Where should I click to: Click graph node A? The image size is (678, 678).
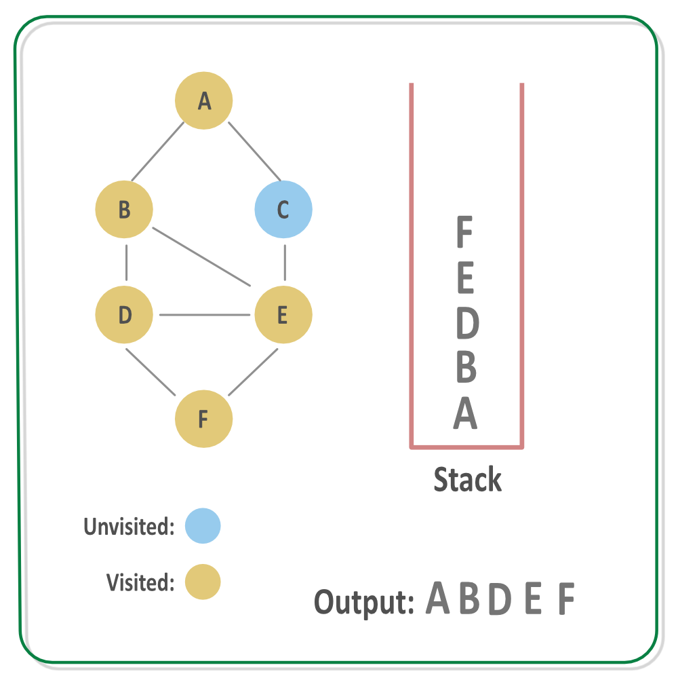pos(204,100)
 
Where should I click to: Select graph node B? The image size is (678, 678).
pos(124,209)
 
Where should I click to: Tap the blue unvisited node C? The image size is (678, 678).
pos(283,209)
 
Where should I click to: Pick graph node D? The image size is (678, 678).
pos(124,315)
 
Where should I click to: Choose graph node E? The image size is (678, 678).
pos(283,315)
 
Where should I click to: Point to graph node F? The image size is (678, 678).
pos(203,419)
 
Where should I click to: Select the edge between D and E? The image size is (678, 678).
pos(203,315)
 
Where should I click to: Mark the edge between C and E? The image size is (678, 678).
pos(285,263)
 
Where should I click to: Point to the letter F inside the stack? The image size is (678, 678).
pos(464,232)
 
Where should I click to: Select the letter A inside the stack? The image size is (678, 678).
pos(465,413)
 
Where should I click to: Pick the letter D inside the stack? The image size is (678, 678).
pos(466,324)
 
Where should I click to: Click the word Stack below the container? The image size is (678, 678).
pos(468,479)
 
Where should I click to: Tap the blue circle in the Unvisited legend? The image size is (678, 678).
pos(203,526)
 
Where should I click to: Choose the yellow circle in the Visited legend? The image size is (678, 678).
pos(203,582)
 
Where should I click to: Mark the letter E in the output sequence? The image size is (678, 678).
pos(534,599)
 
